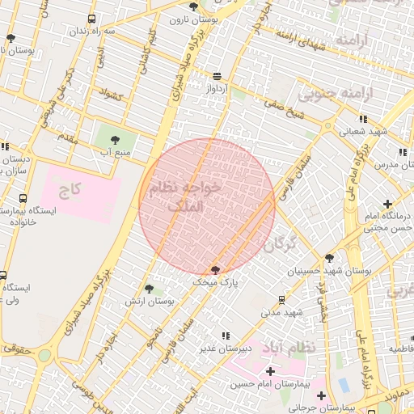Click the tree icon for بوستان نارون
pos(192,6)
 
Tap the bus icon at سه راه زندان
pos(91,19)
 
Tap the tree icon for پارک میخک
pos(215,270)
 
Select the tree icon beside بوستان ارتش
pos(149,288)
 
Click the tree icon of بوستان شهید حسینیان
pos(329,258)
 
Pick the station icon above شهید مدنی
pos(281,298)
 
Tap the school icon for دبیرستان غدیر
pos(226,335)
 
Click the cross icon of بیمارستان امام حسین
pos(270,370)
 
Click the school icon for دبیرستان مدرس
pos(402,151)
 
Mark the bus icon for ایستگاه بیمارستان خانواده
pos(22,198)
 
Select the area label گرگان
pos(281,242)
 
